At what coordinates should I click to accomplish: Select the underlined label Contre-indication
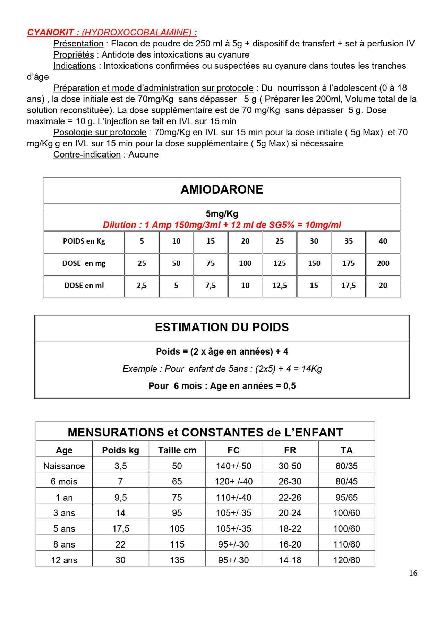(x=87, y=155)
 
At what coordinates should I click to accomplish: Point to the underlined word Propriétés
(x=74, y=55)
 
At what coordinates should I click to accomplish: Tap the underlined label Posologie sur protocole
(x=100, y=133)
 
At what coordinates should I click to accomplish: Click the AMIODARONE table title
(x=222, y=189)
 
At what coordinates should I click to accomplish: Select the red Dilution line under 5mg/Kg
(x=222, y=225)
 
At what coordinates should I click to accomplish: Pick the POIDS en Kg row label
(x=84, y=241)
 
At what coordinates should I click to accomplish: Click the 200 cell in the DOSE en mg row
(x=383, y=263)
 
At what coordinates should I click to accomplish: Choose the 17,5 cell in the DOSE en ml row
(x=348, y=286)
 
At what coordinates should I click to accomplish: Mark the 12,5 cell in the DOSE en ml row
(x=280, y=286)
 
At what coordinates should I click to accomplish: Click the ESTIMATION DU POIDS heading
(x=222, y=328)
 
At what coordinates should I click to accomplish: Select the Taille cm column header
(x=177, y=450)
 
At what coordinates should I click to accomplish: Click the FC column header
(x=233, y=450)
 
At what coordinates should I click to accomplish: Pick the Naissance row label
(x=64, y=466)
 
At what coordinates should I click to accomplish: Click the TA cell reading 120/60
(x=347, y=560)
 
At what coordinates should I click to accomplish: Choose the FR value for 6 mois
(x=290, y=482)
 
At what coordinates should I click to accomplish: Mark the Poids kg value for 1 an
(x=120, y=498)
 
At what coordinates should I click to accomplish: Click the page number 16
(x=413, y=573)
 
